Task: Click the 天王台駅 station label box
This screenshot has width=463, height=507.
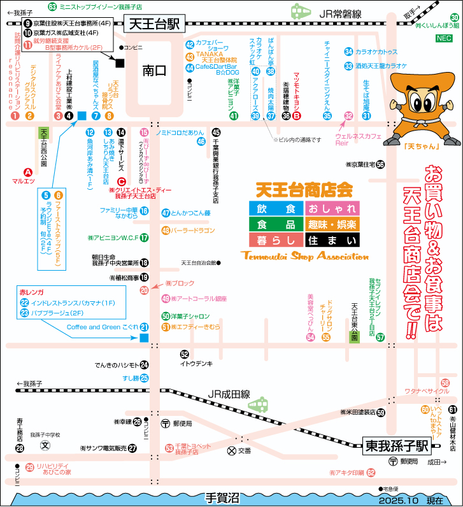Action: tap(153, 24)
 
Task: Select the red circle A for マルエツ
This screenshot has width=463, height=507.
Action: tap(27, 171)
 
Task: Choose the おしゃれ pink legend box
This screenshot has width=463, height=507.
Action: tap(332, 209)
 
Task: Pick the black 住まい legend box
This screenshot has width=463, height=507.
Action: tap(332, 239)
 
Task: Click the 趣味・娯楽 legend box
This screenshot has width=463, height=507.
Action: tap(332, 224)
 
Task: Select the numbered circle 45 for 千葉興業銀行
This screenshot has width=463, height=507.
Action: tap(216, 132)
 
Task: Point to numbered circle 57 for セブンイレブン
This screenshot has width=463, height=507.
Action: tap(380, 338)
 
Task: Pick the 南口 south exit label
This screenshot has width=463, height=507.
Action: tap(153, 71)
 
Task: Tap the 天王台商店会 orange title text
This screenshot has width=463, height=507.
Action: tap(304, 189)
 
